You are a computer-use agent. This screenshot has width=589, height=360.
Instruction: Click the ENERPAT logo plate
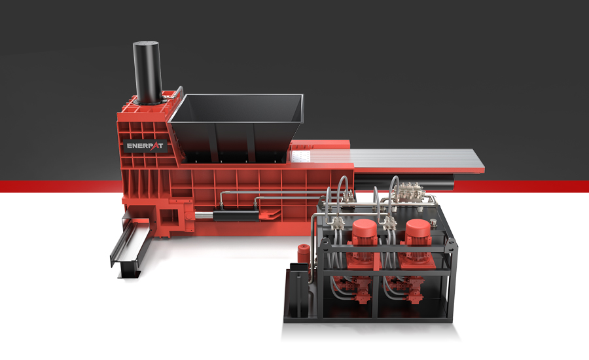pyautogui.click(x=145, y=146)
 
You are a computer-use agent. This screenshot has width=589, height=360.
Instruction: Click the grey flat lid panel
pyautogui.click(x=419, y=160)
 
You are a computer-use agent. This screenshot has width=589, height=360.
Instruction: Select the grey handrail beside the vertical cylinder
pyautogui.click(x=179, y=95)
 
